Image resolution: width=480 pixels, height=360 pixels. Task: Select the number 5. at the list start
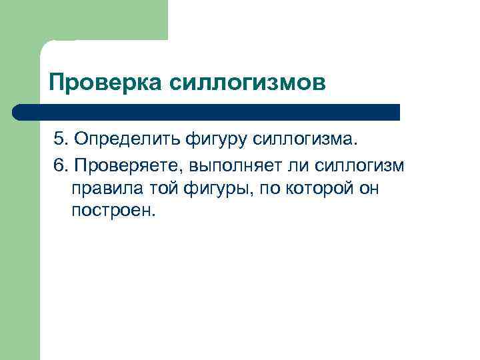coord(61,139)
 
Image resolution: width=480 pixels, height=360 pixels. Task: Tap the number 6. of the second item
coord(61,164)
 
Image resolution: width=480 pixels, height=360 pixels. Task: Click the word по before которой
coord(270,189)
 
